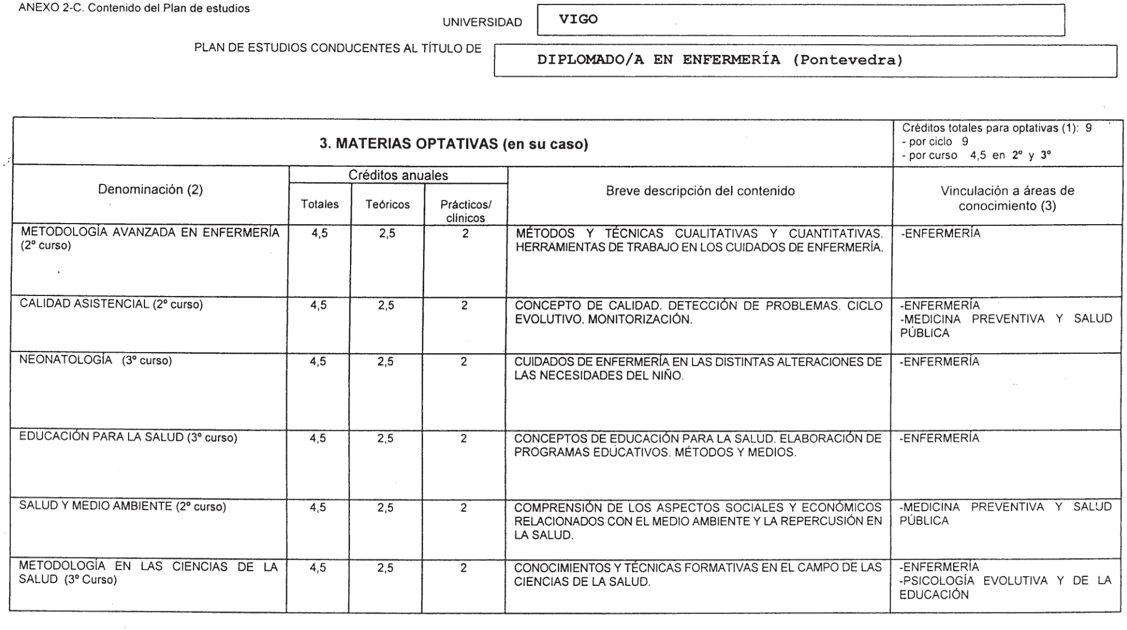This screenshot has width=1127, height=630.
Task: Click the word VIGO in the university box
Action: tap(578, 19)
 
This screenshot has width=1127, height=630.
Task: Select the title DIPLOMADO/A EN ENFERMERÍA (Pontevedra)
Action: tap(719, 60)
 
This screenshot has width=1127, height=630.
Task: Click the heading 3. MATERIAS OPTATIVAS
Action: tap(454, 144)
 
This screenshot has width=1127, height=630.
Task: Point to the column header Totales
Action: tap(319, 204)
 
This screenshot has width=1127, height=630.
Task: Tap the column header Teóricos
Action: tap(387, 204)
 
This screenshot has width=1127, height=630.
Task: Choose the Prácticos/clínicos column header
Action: tap(466, 211)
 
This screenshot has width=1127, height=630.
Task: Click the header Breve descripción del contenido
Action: tap(700, 191)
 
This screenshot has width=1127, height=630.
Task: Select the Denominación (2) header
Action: tap(150, 190)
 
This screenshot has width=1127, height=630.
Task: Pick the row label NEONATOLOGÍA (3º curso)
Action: tap(95, 361)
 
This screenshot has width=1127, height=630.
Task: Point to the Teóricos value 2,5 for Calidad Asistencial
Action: tap(386, 306)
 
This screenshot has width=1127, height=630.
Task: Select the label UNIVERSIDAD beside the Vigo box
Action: tap(482, 23)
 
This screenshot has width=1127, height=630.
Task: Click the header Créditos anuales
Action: tap(398, 175)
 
